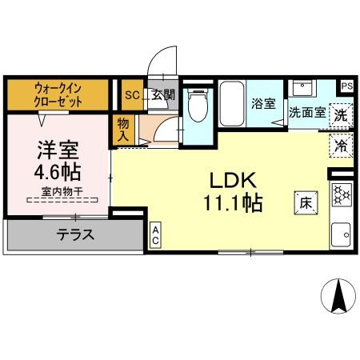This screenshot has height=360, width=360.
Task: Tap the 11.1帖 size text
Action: [x=232, y=203]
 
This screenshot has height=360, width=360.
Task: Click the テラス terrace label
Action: [x=75, y=235]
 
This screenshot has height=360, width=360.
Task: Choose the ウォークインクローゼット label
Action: [x=58, y=96]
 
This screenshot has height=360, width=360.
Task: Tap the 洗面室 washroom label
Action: [x=306, y=113]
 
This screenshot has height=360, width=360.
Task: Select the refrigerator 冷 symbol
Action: [x=341, y=146]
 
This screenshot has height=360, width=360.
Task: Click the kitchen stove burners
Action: [x=342, y=195]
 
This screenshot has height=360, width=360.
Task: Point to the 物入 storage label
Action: [x=123, y=130]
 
